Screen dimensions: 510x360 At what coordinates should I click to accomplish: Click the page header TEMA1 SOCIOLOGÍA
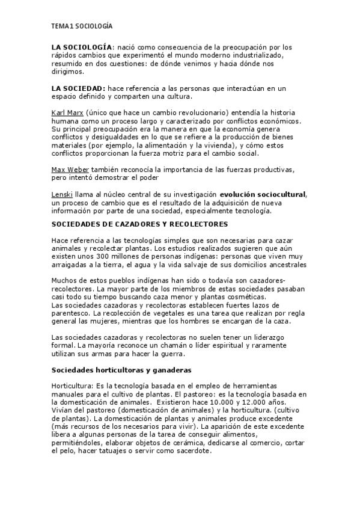(81, 26)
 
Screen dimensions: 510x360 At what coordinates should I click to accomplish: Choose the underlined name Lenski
(61, 194)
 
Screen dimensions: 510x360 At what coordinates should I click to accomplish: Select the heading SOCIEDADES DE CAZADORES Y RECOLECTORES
(139, 224)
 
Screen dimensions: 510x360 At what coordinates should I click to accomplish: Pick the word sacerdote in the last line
(192, 451)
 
